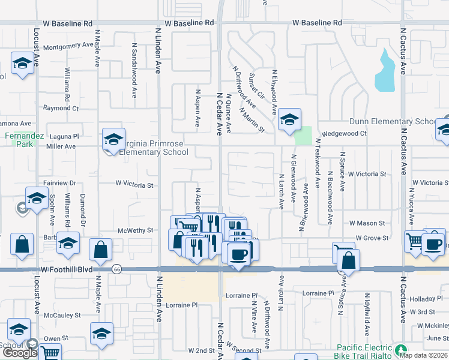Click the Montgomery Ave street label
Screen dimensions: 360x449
[68, 45]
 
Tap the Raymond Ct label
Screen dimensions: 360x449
[61, 108]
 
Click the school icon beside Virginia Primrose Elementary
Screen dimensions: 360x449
[113, 139]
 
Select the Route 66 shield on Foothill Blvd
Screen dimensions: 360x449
[116, 270]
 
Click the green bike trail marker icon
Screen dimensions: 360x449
[401, 349]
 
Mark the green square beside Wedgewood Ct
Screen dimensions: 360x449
[304, 136]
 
